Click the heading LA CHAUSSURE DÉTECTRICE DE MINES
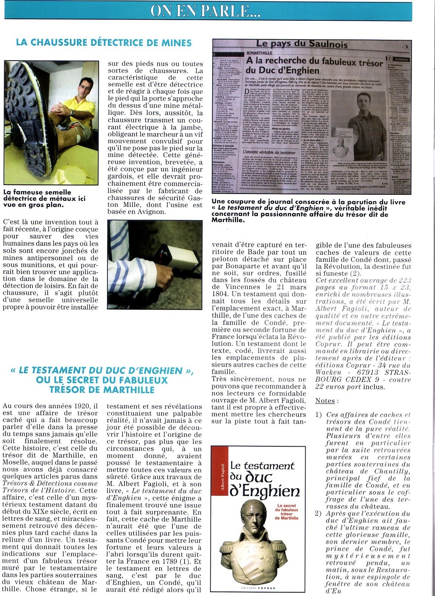104,43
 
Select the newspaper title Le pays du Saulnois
301,44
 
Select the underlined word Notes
325,401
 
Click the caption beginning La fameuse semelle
45,199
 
